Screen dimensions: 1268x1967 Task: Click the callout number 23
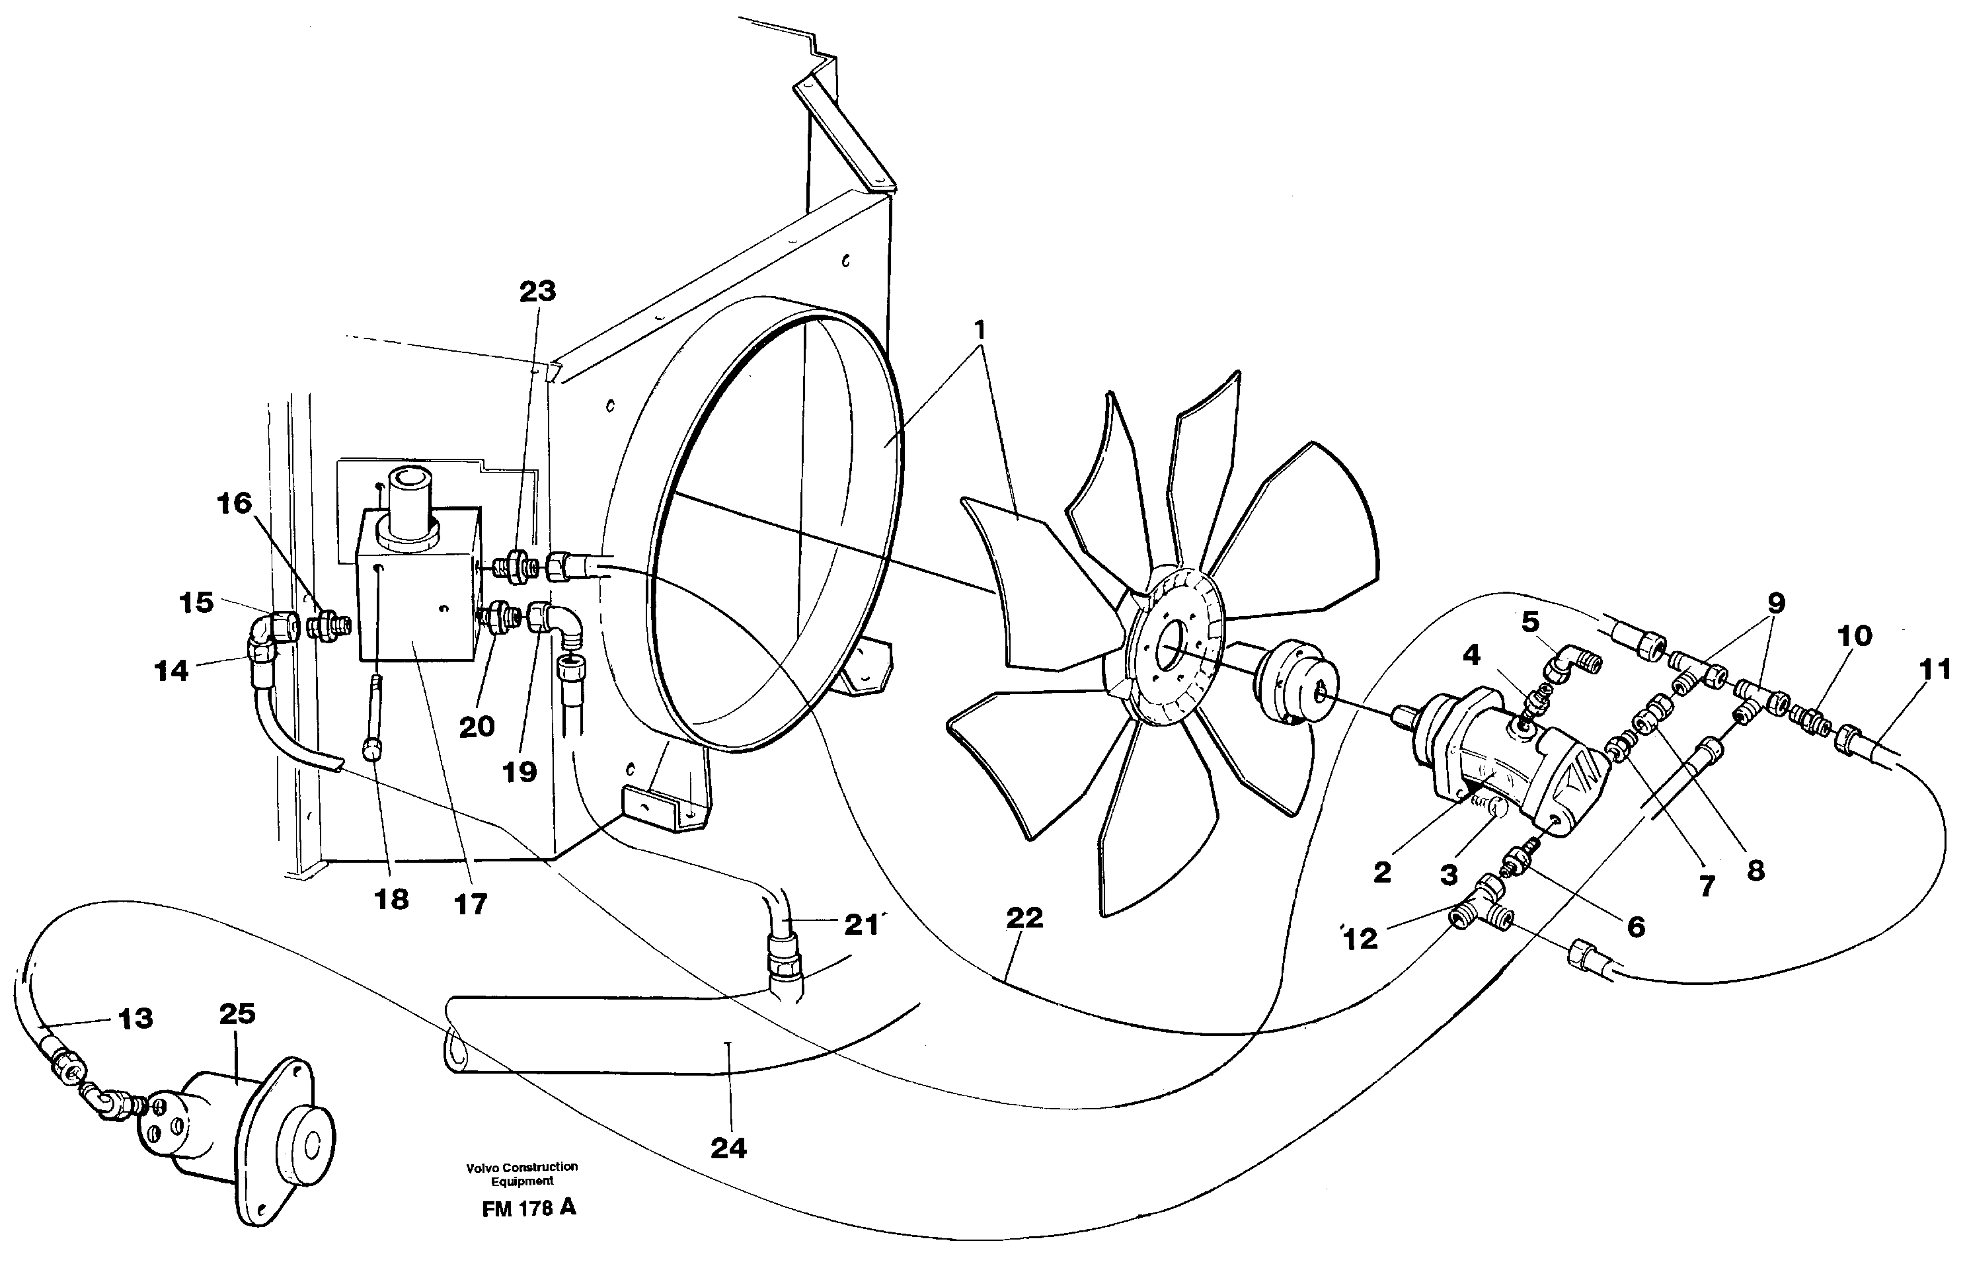tap(537, 292)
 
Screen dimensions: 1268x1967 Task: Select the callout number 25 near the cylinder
tap(237, 1013)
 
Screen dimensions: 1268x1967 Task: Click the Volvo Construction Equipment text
tap(521, 1173)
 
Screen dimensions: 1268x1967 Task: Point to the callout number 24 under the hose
tap(728, 1148)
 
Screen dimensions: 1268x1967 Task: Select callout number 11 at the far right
tap(1935, 670)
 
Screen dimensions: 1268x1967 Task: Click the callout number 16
tap(234, 503)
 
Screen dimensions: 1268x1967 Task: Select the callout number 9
tap(1776, 604)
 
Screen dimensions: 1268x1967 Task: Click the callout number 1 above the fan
tap(980, 331)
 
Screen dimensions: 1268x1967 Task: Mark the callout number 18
tap(392, 900)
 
